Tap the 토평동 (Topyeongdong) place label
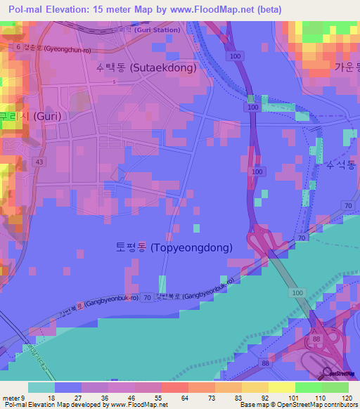point(184,247)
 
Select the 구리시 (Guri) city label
point(30,116)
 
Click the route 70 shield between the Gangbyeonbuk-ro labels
point(146,298)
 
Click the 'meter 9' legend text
point(14,398)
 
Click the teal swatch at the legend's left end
point(41,387)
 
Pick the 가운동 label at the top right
point(347,67)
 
